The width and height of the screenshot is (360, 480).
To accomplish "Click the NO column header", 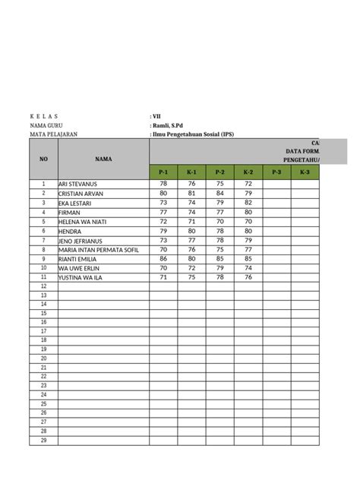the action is [43, 159].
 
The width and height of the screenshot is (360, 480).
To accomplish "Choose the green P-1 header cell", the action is [163, 172].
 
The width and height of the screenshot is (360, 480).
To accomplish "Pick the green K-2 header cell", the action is [248, 172].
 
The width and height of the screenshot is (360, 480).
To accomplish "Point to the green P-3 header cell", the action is [276, 172].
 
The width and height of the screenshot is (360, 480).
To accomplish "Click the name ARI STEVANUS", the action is [83, 185].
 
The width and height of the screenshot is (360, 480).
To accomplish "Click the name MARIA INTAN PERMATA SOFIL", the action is [99, 249].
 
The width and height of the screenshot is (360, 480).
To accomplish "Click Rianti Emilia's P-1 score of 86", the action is [163, 258].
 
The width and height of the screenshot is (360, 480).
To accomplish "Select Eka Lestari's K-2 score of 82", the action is [248, 203].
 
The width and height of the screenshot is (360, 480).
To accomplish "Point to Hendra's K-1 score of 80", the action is [191, 230].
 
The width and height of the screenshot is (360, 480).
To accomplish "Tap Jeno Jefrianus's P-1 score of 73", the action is [163, 240].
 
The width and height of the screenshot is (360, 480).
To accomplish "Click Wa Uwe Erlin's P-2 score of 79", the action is [220, 267].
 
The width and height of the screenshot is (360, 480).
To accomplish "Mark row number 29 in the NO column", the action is [43, 441].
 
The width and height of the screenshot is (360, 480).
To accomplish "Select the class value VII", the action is [156, 115].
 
